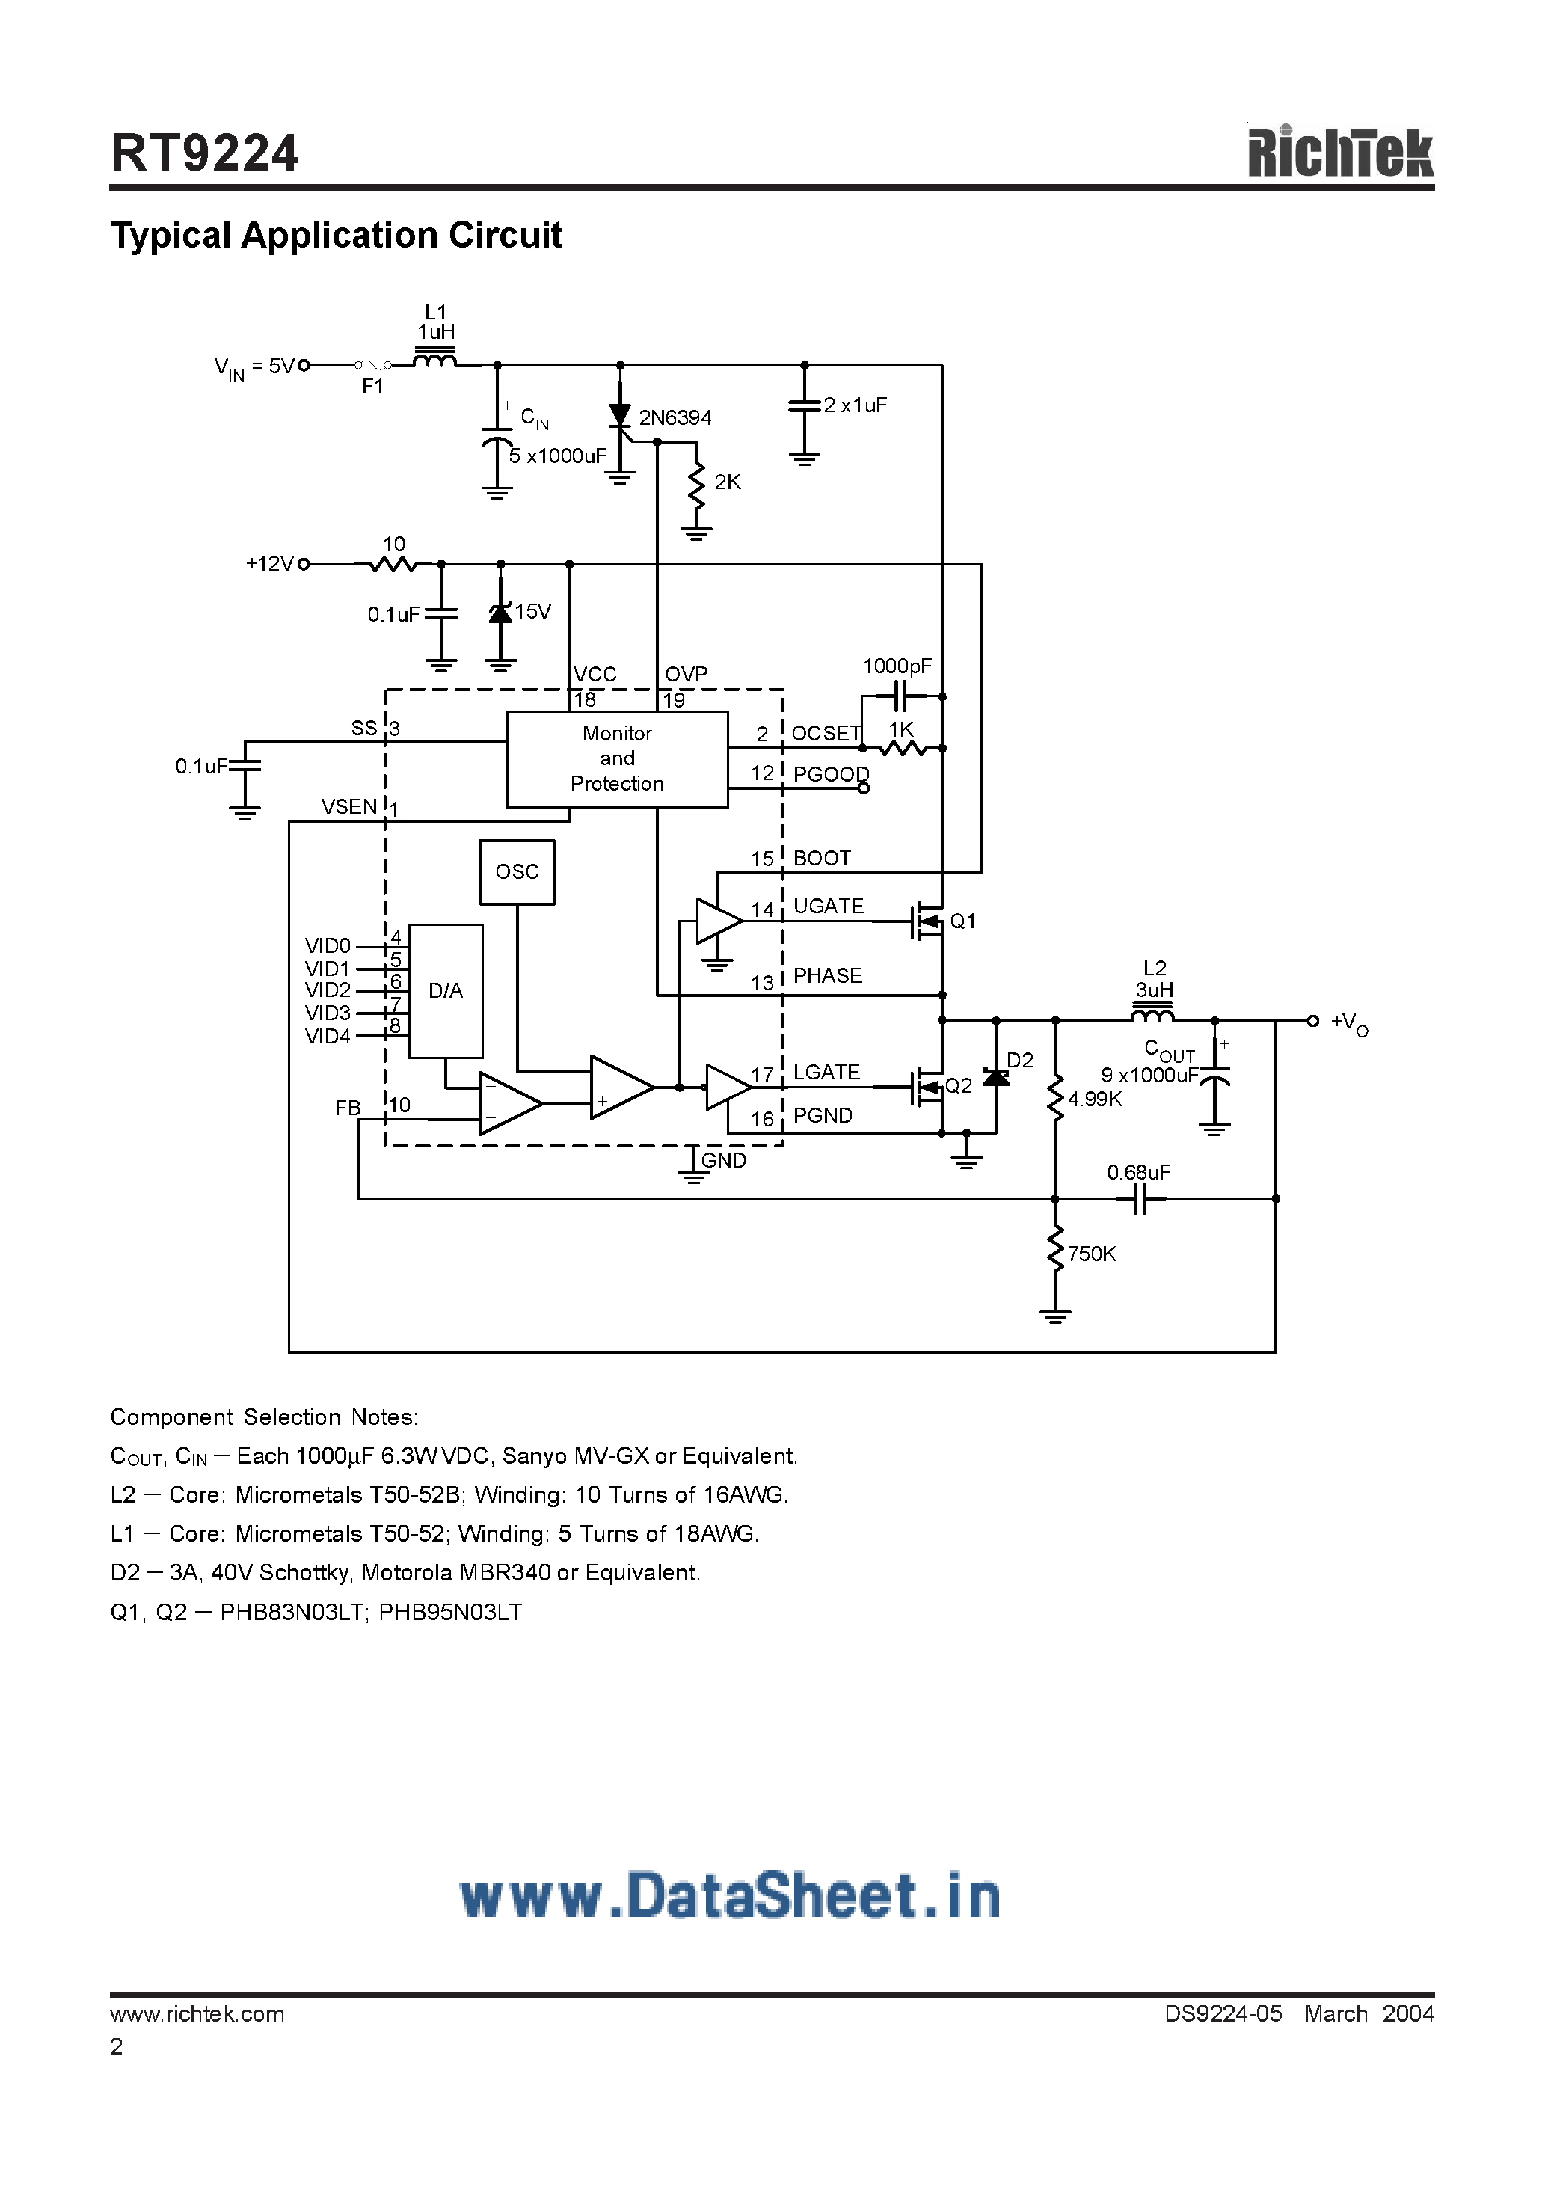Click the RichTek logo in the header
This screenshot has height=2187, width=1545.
pyautogui.click(x=1339, y=153)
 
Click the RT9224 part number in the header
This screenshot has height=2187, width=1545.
pyautogui.click(x=205, y=153)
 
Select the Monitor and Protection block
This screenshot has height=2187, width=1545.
pyautogui.click(x=617, y=759)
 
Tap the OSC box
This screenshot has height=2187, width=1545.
pyautogui.click(x=517, y=871)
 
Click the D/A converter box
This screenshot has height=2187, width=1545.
pyautogui.click(x=446, y=990)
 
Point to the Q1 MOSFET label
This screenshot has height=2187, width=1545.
pyautogui.click(x=963, y=921)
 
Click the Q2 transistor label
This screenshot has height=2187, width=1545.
pyautogui.click(x=958, y=1086)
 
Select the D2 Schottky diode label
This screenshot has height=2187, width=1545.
pyautogui.click(x=1020, y=1060)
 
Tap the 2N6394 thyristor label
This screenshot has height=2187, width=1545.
pyautogui.click(x=675, y=418)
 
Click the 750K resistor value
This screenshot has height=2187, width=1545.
pyautogui.click(x=1092, y=1254)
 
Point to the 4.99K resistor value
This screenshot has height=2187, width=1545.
pyautogui.click(x=1095, y=1099)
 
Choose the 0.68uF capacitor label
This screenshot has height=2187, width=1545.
pyautogui.click(x=1138, y=1173)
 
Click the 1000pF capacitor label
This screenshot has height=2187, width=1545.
pyautogui.click(x=897, y=666)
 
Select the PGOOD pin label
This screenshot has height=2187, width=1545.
pyautogui.click(x=831, y=774)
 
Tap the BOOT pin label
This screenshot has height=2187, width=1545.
pyautogui.click(x=821, y=858)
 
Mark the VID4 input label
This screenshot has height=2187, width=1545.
pyautogui.click(x=328, y=1037)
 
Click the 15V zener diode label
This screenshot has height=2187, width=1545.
pyautogui.click(x=532, y=612)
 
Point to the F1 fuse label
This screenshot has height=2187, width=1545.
pyautogui.click(x=372, y=387)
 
